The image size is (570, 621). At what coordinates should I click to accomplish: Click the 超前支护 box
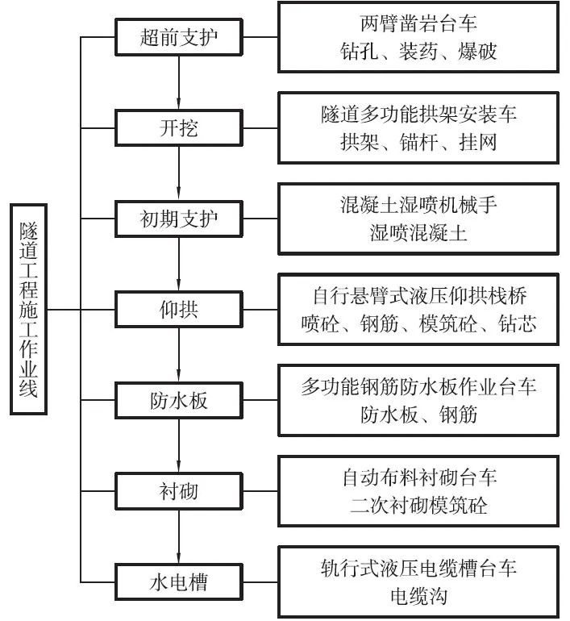tap(178, 37)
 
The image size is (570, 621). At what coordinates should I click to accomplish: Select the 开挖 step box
tap(178, 127)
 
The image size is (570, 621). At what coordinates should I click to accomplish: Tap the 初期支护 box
tap(178, 218)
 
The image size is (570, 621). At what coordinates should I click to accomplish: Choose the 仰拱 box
tap(178, 309)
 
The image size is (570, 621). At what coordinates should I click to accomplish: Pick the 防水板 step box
tap(178, 399)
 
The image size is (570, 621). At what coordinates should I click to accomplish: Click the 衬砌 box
tap(178, 490)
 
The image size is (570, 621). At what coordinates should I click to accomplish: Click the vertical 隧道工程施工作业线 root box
tap(29, 309)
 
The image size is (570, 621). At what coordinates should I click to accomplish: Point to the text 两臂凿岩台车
tap(418, 23)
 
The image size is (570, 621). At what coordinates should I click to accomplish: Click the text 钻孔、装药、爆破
tap(418, 52)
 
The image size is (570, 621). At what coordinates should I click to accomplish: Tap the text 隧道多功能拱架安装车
tap(418, 115)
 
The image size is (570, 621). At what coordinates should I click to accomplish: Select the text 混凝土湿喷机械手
tap(418, 205)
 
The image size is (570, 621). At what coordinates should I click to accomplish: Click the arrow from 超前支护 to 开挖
tap(178, 82)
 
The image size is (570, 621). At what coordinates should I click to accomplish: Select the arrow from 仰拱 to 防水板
tap(178, 354)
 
